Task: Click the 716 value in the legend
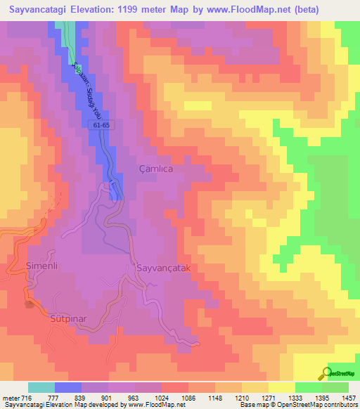(26, 398)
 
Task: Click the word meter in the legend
(10, 398)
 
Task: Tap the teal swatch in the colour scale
(41, 387)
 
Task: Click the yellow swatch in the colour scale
(281, 387)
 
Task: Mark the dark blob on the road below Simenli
(30, 304)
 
